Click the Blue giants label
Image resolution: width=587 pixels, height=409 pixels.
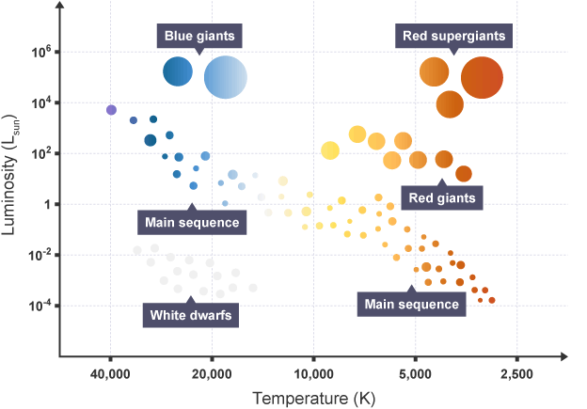(200, 36)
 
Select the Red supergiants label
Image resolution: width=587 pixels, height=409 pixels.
(454, 36)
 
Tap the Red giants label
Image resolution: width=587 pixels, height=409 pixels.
(442, 197)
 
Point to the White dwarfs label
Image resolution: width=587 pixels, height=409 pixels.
(191, 314)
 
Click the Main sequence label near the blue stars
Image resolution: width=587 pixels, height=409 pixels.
(192, 223)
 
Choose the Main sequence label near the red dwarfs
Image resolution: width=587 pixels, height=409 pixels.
(411, 304)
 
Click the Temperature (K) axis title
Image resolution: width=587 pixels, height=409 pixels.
(313, 398)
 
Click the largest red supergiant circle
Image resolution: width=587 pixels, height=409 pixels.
(482, 77)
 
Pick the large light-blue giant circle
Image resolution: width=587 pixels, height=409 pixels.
(226, 77)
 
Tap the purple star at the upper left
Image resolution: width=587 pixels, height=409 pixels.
(111, 110)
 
